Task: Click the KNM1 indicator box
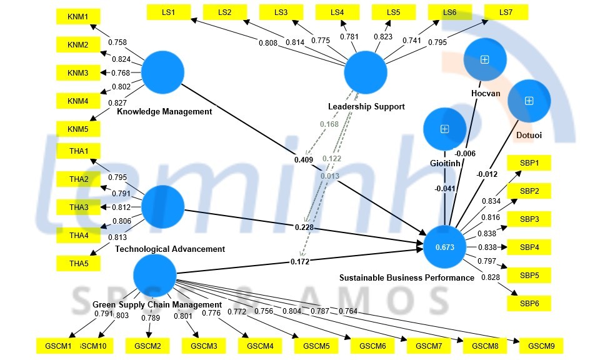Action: [x=78, y=17]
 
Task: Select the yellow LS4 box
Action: [x=338, y=12]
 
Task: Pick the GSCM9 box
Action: [x=541, y=346]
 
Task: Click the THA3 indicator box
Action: [x=78, y=207]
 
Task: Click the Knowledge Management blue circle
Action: [x=162, y=72]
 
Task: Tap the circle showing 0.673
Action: [x=444, y=247]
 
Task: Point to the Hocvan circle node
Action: [x=484, y=59]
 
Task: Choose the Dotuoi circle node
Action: [x=529, y=101]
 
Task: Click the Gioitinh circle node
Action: [x=444, y=129]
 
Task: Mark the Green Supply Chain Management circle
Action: [x=155, y=275]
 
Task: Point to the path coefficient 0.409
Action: [x=304, y=160]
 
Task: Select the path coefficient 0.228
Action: [x=304, y=227]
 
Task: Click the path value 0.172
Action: [x=300, y=262]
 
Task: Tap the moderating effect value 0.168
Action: [x=329, y=124]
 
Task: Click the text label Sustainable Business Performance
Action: [x=406, y=277]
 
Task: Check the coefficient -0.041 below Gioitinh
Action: [x=444, y=189]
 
